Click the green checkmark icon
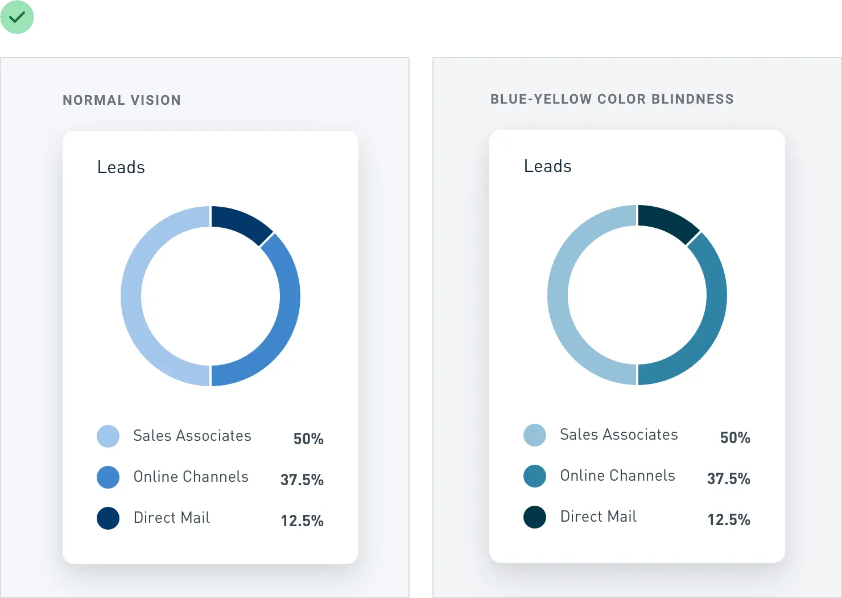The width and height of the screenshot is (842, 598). click(x=18, y=18)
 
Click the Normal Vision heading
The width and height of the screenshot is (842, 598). click(x=122, y=100)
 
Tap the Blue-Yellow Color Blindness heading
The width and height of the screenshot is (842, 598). click(x=612, y=99)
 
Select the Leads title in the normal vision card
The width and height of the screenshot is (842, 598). click(x=121, y=167)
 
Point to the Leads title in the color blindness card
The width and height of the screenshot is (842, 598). click(x=547, y=166)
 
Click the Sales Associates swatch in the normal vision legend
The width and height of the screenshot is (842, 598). click(x=108, y=436)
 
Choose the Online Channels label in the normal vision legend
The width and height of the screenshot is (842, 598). click(x=191, y=477)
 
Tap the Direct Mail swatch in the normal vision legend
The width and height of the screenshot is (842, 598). click(x=108, y=518)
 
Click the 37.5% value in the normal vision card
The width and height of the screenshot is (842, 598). click(x=302, y=480)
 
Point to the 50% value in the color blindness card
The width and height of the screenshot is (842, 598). click(x=735, y=437)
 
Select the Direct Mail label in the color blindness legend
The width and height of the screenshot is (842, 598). click(x=599, y=517)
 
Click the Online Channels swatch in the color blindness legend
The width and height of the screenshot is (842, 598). click(x=535, y=476)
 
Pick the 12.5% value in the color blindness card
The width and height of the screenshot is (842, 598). click(x=729, y=519)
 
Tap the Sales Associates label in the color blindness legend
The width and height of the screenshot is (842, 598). click(x=619, y=435)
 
